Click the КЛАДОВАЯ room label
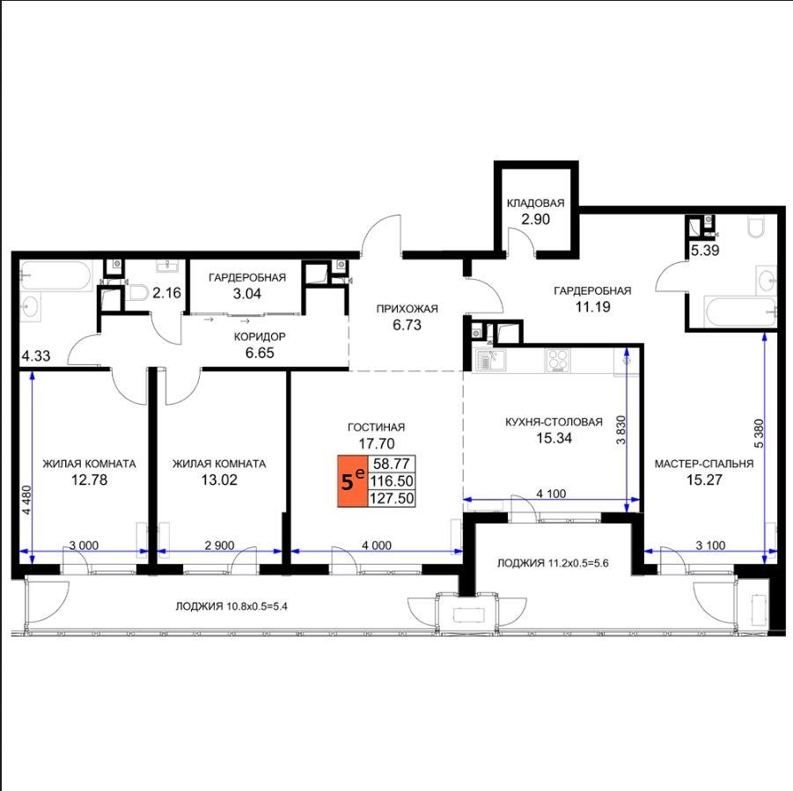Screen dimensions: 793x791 click(535, 203)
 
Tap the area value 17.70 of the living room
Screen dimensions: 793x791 click(377, 443)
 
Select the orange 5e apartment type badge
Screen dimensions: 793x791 click(353, 480)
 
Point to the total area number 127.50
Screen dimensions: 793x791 click(392, 498)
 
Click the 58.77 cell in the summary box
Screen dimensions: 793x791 click(392, 464)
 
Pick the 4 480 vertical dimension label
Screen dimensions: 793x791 click(26, 500)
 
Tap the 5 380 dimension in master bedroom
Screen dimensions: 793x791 click(759, 433)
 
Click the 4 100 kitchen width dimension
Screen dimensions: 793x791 click(551, 494)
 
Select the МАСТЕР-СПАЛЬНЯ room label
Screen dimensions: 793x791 click(704, 464)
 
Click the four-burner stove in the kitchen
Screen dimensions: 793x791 click(558, 361)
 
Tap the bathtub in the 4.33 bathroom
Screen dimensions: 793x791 click(55, 275)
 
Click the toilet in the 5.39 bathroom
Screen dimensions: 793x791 click(756, 227)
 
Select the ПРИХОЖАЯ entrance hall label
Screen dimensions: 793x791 click(407, 309)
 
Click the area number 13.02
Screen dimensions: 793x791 click(219, 480)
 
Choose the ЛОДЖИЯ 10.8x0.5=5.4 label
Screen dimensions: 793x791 click(231, 606)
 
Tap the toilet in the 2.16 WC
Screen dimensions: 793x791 click(136, 292)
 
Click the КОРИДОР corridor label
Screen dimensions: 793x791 click(260, 337)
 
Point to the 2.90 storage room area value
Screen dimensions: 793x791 click(535, 219)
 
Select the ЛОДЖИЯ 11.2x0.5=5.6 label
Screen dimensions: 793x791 click(553, 563)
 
